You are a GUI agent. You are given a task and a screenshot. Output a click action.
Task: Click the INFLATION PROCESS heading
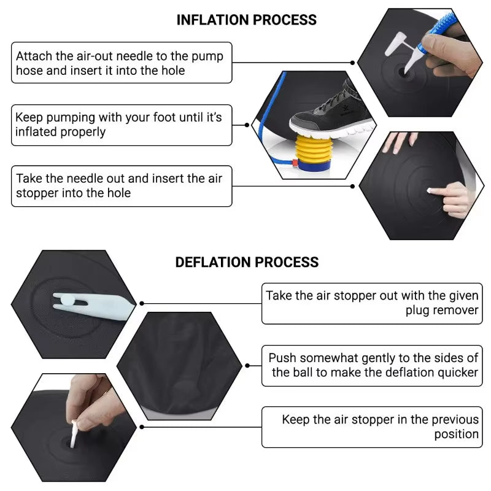coord(247,20)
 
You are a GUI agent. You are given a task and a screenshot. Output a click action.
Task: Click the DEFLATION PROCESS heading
coord(247,262)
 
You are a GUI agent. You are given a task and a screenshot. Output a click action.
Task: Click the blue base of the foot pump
coord(313,165)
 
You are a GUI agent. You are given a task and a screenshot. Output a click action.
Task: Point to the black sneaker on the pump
coord(332,116)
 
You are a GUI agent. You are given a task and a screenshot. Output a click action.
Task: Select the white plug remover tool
coord(93,305)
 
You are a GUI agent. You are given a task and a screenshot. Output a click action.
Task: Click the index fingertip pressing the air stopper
coord(431,190)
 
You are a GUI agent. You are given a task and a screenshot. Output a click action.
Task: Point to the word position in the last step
coord(456,434)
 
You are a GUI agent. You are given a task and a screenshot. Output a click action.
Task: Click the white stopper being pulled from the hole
coord(74,434)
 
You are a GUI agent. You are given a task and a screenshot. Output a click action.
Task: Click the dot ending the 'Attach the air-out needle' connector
coord(352,63)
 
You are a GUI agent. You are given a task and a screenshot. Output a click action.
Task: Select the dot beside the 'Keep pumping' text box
coord(247,125)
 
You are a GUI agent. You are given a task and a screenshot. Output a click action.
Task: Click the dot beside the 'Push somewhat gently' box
coord(247,365)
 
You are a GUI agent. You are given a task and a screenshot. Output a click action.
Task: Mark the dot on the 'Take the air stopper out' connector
coord(142,303)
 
